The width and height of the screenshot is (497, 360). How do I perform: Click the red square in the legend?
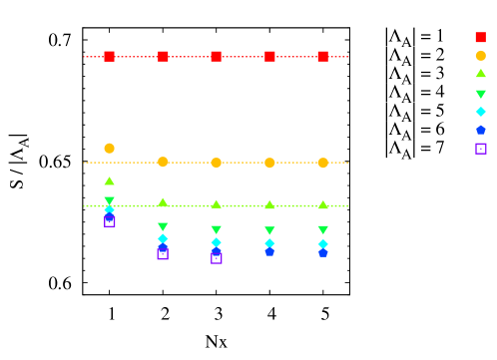(480, 38)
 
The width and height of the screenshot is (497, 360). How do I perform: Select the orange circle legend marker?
(480, 56)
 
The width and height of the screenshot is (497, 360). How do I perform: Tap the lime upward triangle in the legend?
(480, 74)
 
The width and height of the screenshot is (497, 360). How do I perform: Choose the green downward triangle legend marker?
(480, 94)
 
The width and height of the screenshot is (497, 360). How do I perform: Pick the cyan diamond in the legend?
(480, 112)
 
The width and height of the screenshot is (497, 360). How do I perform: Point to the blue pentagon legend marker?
(480, 130)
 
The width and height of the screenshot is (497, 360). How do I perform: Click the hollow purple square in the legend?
(480, 149)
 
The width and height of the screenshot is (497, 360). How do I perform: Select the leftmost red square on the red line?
(109, 57)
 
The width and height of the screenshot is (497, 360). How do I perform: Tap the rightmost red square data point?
(322, 57)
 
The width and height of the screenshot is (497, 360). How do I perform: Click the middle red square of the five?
(216, 57)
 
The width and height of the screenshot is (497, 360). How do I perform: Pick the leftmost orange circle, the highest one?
(109, 149)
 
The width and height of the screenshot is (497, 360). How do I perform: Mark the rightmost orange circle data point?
(322, 163)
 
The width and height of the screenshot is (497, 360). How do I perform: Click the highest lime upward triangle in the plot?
(109, 181)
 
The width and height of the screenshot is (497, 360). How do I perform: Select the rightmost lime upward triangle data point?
(322, 205)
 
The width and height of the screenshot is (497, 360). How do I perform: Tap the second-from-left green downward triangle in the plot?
(163, 227)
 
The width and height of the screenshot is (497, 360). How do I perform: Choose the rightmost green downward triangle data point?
(322, 230)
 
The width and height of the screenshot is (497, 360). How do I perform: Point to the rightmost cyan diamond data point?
(322, 243)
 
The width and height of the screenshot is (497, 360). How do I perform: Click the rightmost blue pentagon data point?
(322, 252)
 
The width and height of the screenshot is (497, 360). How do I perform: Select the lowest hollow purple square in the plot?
(217, 258)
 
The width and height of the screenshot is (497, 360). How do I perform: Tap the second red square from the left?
(163, 57)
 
